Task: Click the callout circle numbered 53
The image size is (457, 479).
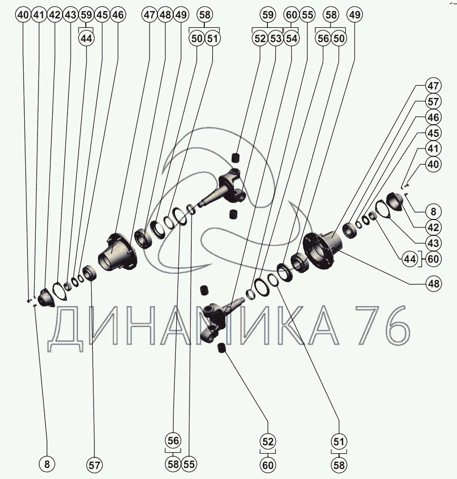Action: [x=275, y=38]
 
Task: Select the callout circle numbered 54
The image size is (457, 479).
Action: [x=292, y=38]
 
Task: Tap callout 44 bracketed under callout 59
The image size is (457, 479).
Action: [x=86, y=38]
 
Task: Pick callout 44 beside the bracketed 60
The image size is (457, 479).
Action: [x=410, y=259]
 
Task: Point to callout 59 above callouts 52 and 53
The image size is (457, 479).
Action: [x=267, y=15]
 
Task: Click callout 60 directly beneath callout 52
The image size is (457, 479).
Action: [x=267, y=465]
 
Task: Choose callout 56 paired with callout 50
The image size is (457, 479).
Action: [x=323, y=38]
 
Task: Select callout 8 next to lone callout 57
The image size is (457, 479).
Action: [x=47, y=464]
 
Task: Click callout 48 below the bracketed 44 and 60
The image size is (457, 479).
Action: [x=433, y=284]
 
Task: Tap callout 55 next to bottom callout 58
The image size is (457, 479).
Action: [x=189, y=464]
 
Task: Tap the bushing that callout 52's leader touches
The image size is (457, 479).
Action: [x=222, y=348]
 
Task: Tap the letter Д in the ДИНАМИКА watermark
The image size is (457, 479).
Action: [x=66, y=330]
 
